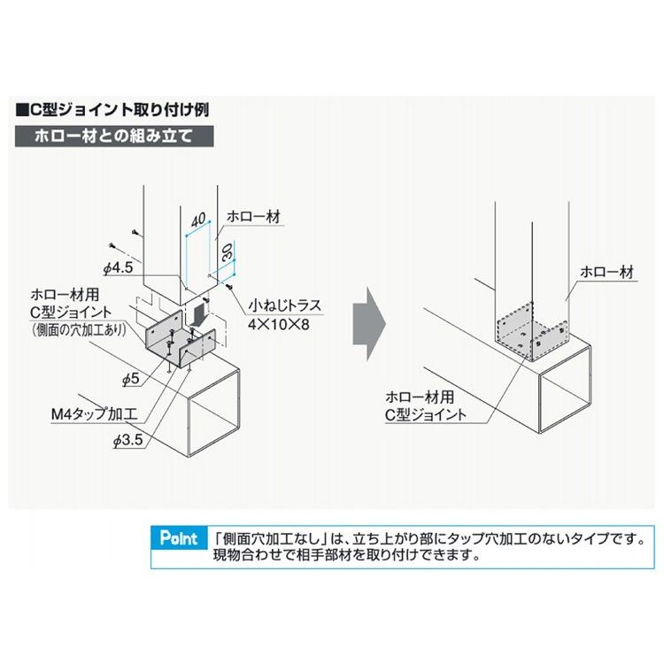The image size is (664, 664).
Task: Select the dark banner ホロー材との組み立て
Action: tap(113, 138)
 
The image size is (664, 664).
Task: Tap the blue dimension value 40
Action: tap(197, 220)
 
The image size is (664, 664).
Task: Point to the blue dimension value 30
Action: tap(225, 251)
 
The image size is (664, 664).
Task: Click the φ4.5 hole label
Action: tap(118, 265)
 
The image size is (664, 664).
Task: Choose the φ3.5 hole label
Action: tap(128, 438)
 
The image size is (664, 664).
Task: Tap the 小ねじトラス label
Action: tap(284, 307)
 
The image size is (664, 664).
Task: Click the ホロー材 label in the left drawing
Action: tap(254, 215)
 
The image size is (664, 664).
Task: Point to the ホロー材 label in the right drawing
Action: tap(606, 272)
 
